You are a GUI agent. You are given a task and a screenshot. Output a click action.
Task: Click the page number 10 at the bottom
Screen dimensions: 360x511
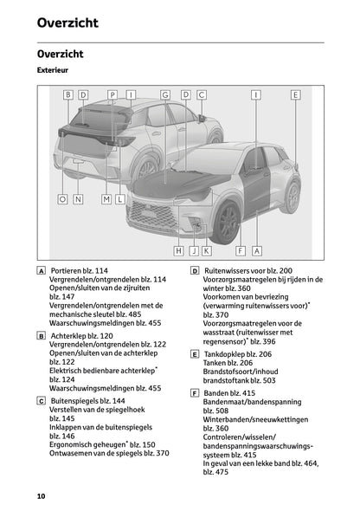pyautogui.click(x=41, y=496)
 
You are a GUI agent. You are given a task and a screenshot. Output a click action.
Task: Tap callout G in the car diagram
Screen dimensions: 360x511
pyautogui.click(x=164, y=94)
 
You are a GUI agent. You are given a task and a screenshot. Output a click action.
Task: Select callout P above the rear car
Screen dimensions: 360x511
pyautogui.click(x=112, y=94)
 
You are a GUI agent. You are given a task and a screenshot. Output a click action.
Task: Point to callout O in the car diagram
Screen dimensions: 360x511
pyautogui.click(x=62, y=199)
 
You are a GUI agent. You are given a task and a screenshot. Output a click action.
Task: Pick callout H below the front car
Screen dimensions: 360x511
pyautogui.click(x=178, y=251)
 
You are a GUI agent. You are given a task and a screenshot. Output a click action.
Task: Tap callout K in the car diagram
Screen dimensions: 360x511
pyautogui.click(x=207, y=251)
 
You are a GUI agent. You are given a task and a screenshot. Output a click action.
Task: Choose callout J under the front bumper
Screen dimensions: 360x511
pyautogui.click(x=193, y=251)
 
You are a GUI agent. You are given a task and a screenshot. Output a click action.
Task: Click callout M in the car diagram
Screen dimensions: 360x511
pyautogui.click(x=106, y=199)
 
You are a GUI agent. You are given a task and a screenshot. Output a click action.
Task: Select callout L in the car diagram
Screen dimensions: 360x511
pyautogui.click(x=120, y=199)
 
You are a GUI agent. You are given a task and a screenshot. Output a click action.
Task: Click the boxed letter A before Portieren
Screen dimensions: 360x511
pyautogui.click(x=42, y=271)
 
